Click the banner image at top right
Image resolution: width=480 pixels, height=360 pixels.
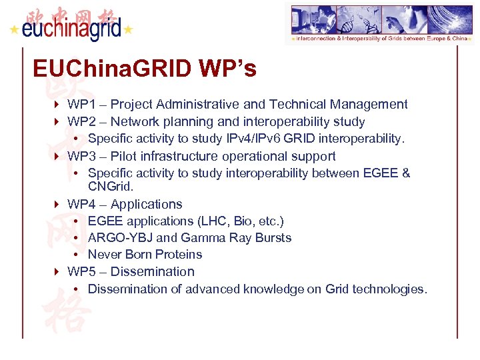point(379,23)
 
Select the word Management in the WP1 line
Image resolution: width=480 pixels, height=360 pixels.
point(373,105)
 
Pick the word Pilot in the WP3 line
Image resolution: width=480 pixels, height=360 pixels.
point(125,156)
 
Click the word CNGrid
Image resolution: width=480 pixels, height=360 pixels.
point(111,187)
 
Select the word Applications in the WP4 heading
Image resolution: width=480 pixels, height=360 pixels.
point(146,204)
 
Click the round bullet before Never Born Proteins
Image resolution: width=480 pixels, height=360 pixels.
point(78,255)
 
